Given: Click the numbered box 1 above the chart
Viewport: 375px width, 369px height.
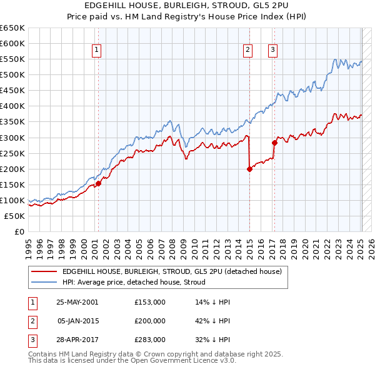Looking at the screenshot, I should coord(97,51).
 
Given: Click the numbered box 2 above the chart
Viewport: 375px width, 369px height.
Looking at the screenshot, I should coord(248,51).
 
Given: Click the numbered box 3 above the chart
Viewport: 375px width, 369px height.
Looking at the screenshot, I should coord(273,51).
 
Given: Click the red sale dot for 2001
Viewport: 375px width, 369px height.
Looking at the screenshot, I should coord(99,183).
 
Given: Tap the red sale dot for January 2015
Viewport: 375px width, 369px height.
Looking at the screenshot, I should coord(249,168).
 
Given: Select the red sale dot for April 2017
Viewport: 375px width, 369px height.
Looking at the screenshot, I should coord(274,143).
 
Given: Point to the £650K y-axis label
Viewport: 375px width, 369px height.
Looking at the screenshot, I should coord(12,28).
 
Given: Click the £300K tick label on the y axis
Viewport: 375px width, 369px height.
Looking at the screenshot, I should coord(12,138).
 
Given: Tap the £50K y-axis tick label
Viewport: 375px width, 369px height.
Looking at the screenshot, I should coord(15,216).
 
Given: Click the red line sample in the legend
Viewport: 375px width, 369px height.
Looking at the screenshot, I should coord(43,271).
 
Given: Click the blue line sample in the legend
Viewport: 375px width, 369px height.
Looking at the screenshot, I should coord(43,282).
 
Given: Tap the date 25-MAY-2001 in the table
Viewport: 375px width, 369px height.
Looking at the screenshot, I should coord(77,301).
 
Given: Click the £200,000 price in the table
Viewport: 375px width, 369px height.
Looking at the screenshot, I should coord(150,321).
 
